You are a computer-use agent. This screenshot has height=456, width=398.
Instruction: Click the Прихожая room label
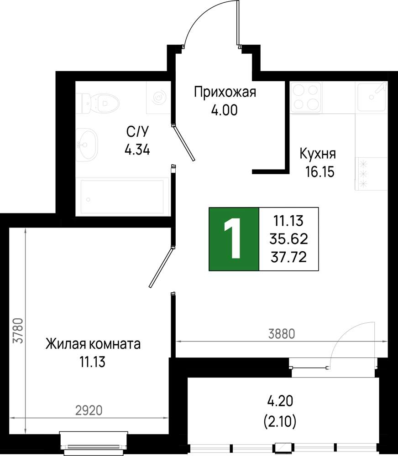225,92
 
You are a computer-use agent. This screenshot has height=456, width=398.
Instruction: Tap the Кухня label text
318,154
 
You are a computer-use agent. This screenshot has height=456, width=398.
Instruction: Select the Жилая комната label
93,344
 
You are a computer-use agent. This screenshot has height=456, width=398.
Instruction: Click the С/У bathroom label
137,132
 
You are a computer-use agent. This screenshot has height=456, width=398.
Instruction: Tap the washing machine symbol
158,98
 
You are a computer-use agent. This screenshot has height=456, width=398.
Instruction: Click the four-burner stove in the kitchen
306,97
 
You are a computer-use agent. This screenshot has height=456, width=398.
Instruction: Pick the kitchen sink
372,97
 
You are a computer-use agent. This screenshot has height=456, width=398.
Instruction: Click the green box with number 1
234,239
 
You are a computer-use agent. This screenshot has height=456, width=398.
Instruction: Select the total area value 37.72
289,257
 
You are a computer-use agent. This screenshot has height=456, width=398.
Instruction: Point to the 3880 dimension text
282,334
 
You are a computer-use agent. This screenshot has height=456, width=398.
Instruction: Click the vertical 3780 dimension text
18,331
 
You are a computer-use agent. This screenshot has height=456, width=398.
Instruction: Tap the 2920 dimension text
89,410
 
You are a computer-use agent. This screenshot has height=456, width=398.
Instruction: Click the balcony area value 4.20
280,401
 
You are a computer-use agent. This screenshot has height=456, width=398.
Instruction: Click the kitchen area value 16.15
320,172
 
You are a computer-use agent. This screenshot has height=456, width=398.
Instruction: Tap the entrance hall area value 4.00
225,110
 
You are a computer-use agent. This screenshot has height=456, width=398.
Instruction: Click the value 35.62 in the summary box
289,239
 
